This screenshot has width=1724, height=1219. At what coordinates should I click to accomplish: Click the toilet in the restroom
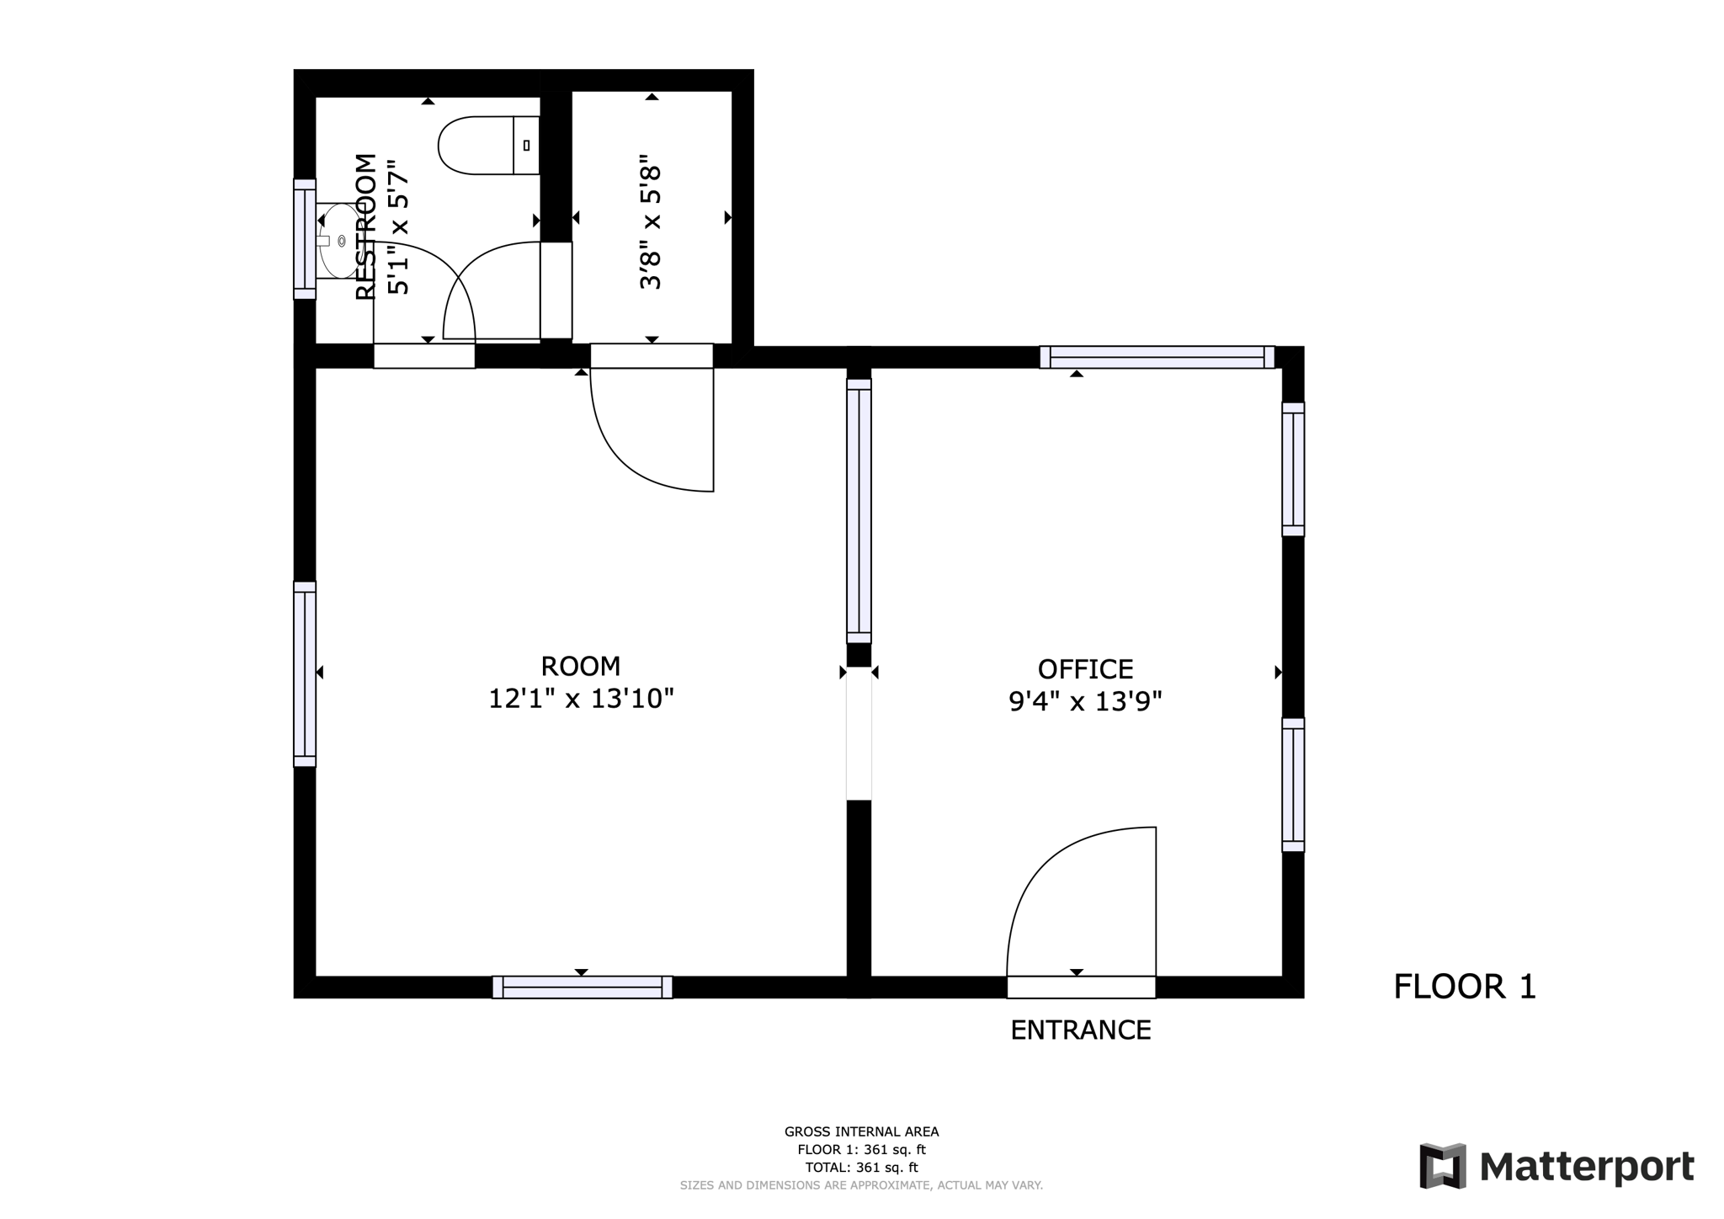point(487,146)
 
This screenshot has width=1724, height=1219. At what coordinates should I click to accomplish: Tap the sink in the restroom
point(338,241)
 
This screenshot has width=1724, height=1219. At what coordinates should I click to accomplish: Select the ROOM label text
point(580,667)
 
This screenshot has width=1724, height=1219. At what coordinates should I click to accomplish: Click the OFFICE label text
point(1085,669)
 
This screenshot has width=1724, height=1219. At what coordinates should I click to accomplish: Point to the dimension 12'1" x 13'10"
point(581,699)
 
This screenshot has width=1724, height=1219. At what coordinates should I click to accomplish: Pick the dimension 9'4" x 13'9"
point(1085,701)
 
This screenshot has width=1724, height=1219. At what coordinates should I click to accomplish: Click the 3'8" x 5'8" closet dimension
point(651,221)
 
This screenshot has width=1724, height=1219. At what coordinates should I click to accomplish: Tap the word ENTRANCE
point(1080,1030)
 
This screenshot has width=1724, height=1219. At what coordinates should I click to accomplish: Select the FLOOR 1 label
point(1464,987)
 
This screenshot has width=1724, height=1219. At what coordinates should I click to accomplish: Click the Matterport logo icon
point(1442,1166)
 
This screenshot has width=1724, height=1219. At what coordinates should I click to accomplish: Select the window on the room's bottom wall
point(582,987)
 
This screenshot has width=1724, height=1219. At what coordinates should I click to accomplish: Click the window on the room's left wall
point(305,673)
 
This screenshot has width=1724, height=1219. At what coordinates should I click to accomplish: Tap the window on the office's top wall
point(1157,357)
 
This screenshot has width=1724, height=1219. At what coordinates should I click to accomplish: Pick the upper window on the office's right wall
point(1293,469)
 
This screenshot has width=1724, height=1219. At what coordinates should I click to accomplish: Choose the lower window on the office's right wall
point(1293,785)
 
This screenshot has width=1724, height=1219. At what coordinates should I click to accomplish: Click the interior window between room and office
point(859,511)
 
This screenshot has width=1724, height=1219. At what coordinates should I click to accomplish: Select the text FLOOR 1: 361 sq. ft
point(861,1150)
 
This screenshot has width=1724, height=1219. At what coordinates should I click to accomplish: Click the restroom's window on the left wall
point(305,239)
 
